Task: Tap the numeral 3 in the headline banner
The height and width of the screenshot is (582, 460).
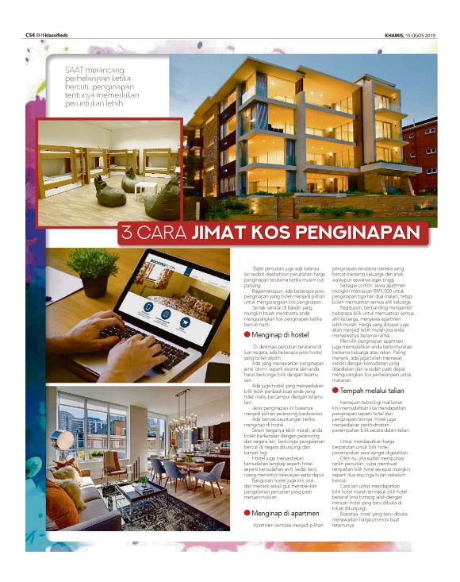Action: (x=126, y=233)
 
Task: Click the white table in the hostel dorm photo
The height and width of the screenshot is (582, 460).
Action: (x=145, y=187)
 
